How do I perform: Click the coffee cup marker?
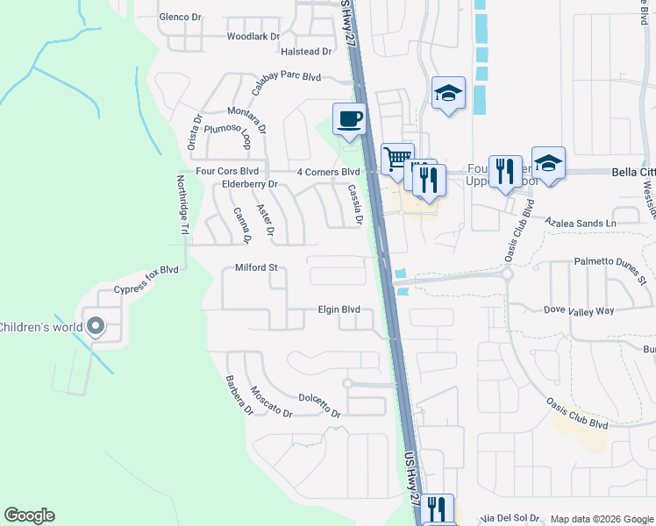tap(350, 119)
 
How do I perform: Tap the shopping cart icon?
tap(397, 160)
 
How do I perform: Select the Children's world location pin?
tap(96, 328)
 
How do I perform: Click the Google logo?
tap(29, 515)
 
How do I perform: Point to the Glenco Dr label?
tap(180, 17)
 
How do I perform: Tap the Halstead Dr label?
tap(305, 52)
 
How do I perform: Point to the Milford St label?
tap(255, 268)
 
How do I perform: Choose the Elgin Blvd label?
tap(339, 309)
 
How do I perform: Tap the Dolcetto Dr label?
tap(318, 405)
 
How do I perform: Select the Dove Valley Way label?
tap(580, 311)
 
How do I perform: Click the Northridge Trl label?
tap(182, 205)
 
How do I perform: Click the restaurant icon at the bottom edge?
tap(436, 509)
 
